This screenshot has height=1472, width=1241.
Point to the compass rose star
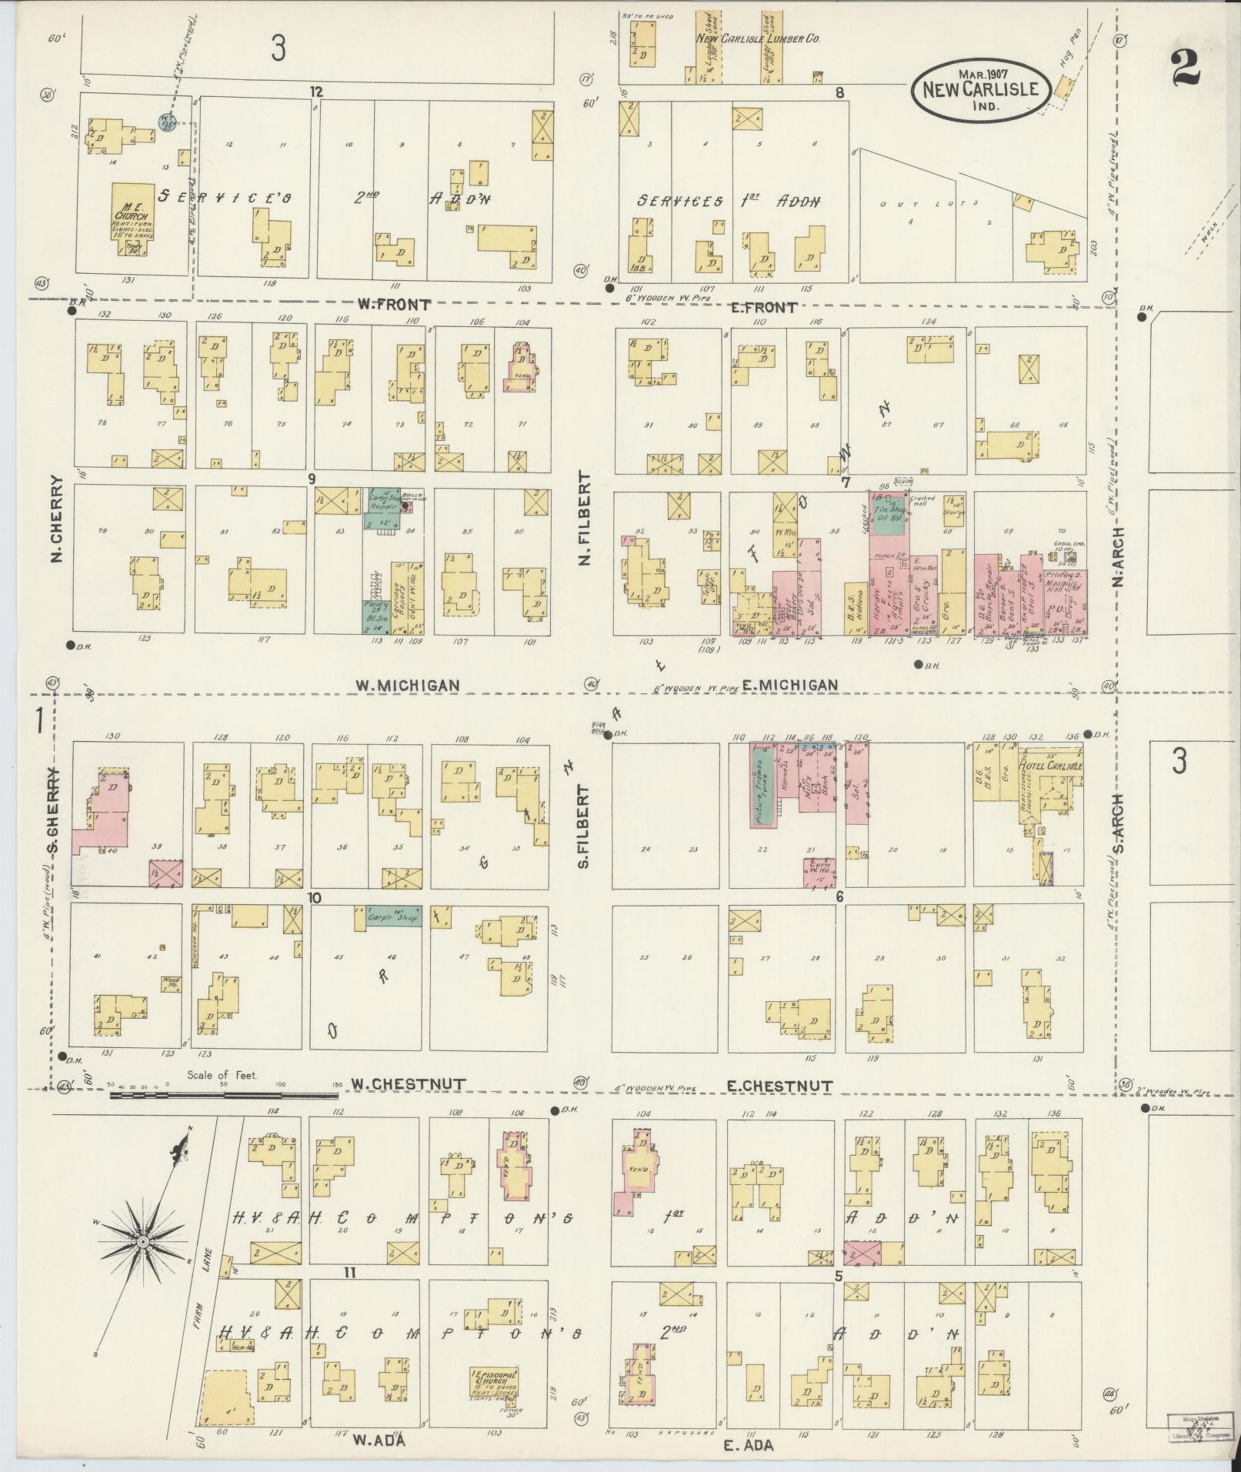tap(143, 1241)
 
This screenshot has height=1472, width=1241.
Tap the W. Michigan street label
tap(408, 685)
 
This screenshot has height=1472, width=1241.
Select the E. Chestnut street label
tap(780, 1086)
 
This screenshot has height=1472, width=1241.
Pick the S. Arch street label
tap(1118, 823)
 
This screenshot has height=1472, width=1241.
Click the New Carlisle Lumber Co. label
tap(757, 38)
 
